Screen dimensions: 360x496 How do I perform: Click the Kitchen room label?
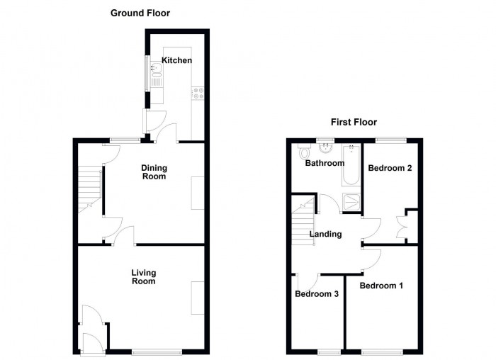pos(176,61)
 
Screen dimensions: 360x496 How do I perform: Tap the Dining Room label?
pos(154,172)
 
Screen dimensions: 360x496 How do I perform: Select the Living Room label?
pos(143,277)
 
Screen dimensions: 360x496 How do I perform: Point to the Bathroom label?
pos(324,163)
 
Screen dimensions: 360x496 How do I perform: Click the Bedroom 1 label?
pos(381,286)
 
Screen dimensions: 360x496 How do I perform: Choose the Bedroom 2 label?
pos(390,169)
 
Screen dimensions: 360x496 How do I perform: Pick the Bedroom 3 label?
pos(317,294)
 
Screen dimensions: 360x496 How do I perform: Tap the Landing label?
pos(325,235)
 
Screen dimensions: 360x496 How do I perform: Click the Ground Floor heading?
pos(140,13)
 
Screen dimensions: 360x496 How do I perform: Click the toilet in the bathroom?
pos(305,152)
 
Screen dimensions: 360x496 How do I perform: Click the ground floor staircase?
pos(89,188)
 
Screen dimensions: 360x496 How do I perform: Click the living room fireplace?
pos(198,298)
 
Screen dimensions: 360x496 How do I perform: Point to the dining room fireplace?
pos(198,192)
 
